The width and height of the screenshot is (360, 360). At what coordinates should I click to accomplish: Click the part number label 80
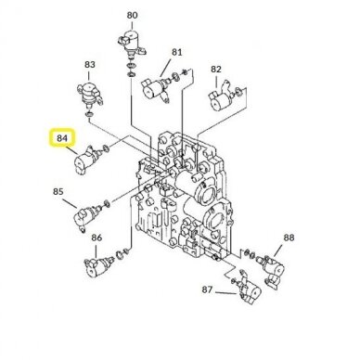click(x=132, y=15)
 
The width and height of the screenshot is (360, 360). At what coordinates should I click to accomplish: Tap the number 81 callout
click(x=177, y=52)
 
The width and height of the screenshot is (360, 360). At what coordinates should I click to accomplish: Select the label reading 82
click(x=216, y=70)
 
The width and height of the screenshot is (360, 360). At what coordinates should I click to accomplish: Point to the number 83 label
click(x=90, y=65)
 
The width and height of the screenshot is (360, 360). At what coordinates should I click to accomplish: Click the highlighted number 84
click(x=62, y=138)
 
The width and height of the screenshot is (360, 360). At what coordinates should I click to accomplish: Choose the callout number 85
click(x=58, y=192)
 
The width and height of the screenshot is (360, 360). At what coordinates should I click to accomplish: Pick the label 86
click(x=96, y=238)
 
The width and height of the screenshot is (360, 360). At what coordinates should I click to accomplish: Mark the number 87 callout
click(x=207, y=289)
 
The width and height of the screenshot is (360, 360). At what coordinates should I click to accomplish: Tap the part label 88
click(x=289, y=238)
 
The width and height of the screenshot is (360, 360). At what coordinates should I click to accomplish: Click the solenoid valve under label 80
click(x=131, y=44)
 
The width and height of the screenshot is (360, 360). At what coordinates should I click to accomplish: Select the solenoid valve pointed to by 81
click(x=155, y=87)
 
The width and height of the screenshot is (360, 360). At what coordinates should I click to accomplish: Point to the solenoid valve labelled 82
click(x=222, y=96)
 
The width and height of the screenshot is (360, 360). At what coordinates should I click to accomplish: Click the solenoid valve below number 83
click(x=89, y=94)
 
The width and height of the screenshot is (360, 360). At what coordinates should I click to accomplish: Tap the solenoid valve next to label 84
click(x=86, y=160)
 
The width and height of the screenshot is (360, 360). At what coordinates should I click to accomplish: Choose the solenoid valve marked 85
click(x=86, y=215)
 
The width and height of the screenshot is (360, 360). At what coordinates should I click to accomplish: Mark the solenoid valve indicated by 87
click(x=249, y=289)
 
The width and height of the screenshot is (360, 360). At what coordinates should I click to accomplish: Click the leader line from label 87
click(x=226, y=292)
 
